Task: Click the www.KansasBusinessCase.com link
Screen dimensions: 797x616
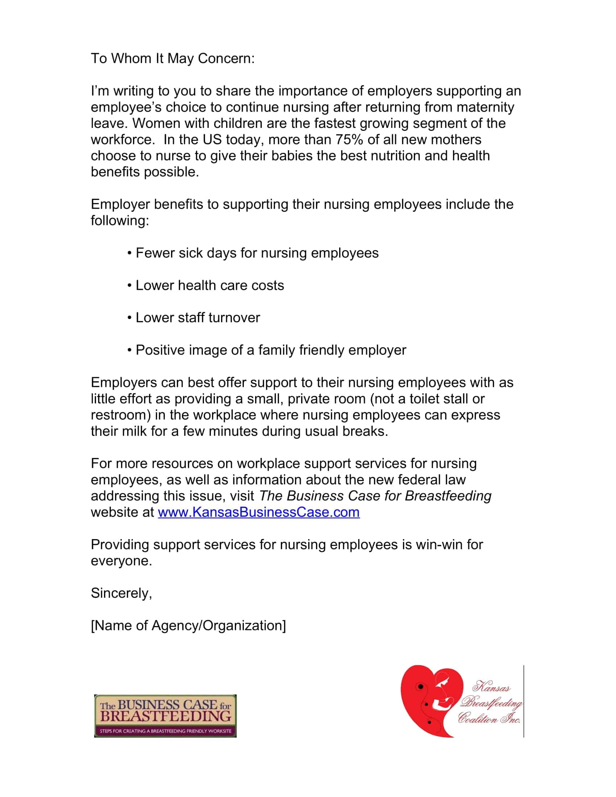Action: [258, 512]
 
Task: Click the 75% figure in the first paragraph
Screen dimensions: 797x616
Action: [349, 140]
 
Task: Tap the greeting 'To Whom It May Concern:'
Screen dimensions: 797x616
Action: [172, 58]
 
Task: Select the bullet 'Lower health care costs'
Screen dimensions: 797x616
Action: [209, 285]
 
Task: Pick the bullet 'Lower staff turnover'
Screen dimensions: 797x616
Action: [197, 318]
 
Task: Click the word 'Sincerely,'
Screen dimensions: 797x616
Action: [121, 593]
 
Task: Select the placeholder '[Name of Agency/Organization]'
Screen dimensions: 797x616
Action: [188, 626]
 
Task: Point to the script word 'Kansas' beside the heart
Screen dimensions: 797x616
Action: [491, 687]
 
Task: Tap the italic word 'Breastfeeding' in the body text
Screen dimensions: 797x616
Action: [448, 496]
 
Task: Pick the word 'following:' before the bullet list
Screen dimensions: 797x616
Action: [120, 221]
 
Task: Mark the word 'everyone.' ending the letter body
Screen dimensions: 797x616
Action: [121, 561]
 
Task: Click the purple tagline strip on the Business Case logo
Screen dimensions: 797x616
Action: [165, 731]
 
